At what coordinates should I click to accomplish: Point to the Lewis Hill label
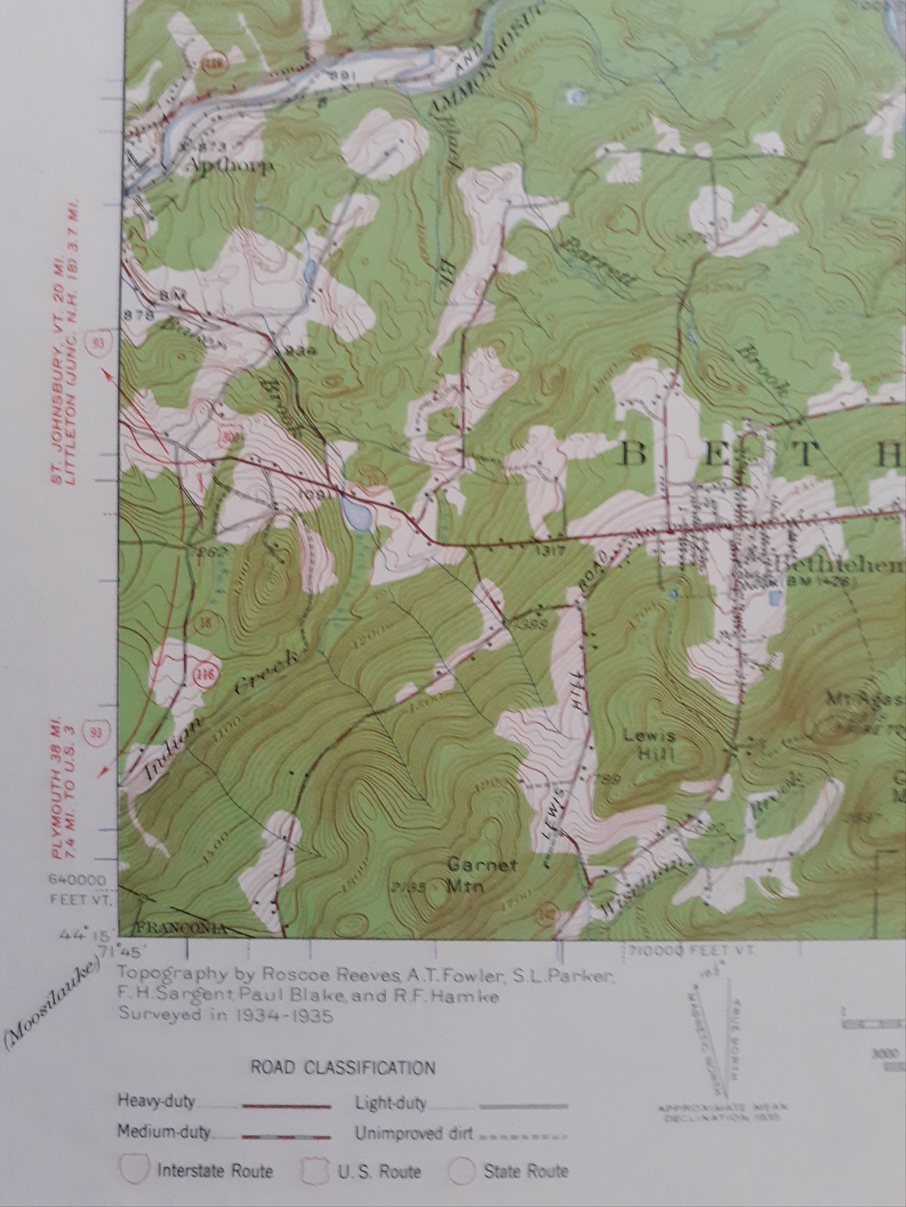656,744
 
